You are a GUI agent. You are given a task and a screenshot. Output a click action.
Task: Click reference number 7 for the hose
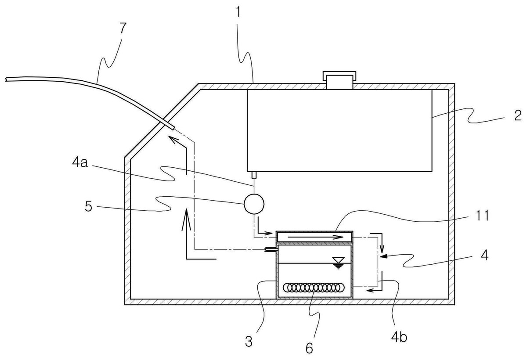point(123,29)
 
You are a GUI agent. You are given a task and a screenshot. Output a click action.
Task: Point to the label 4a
point(80,163)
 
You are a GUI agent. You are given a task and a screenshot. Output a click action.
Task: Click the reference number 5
point(88,207)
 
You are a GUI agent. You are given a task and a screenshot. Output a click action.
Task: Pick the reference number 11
point(482,216)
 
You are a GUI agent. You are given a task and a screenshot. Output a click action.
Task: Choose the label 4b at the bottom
point(399,338)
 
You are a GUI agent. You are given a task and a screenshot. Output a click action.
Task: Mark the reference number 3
point(249,342)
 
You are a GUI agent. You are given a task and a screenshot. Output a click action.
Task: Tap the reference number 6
point(309,348)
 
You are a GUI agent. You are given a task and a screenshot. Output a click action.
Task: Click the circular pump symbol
point(254,204)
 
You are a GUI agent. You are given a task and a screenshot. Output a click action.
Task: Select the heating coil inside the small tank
point(314,288)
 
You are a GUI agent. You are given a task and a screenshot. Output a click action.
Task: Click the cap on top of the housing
point(339,80)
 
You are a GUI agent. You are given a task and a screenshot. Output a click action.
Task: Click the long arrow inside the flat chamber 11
point(315,237)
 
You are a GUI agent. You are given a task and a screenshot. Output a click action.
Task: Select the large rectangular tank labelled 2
point(339,130)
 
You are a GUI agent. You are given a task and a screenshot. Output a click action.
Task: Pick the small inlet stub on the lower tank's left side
point(271,250)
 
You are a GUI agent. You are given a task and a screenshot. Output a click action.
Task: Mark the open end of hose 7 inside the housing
point(173,128)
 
